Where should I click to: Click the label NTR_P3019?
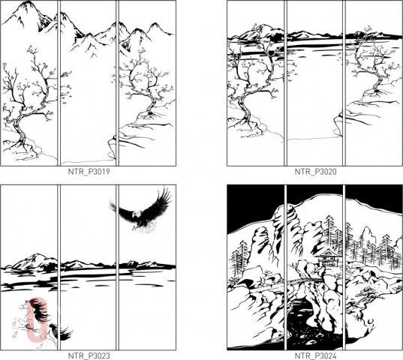tap(89, 172)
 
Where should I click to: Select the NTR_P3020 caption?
tap(315, 172)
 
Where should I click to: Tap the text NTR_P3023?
tap(89, 356)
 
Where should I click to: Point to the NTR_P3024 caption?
tap(315, 356)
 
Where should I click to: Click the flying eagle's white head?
tap(137, 214)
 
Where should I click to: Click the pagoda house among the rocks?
tap(327, 257)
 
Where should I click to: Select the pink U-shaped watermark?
tap(38, 320)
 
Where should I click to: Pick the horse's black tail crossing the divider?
tap(64, 332)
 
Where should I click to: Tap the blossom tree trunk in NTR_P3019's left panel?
tap(22, 121)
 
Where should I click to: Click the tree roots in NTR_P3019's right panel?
tap(150, 115)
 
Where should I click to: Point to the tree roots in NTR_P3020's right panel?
tap(376, 92)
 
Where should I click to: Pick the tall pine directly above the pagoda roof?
tap(329, 231)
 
